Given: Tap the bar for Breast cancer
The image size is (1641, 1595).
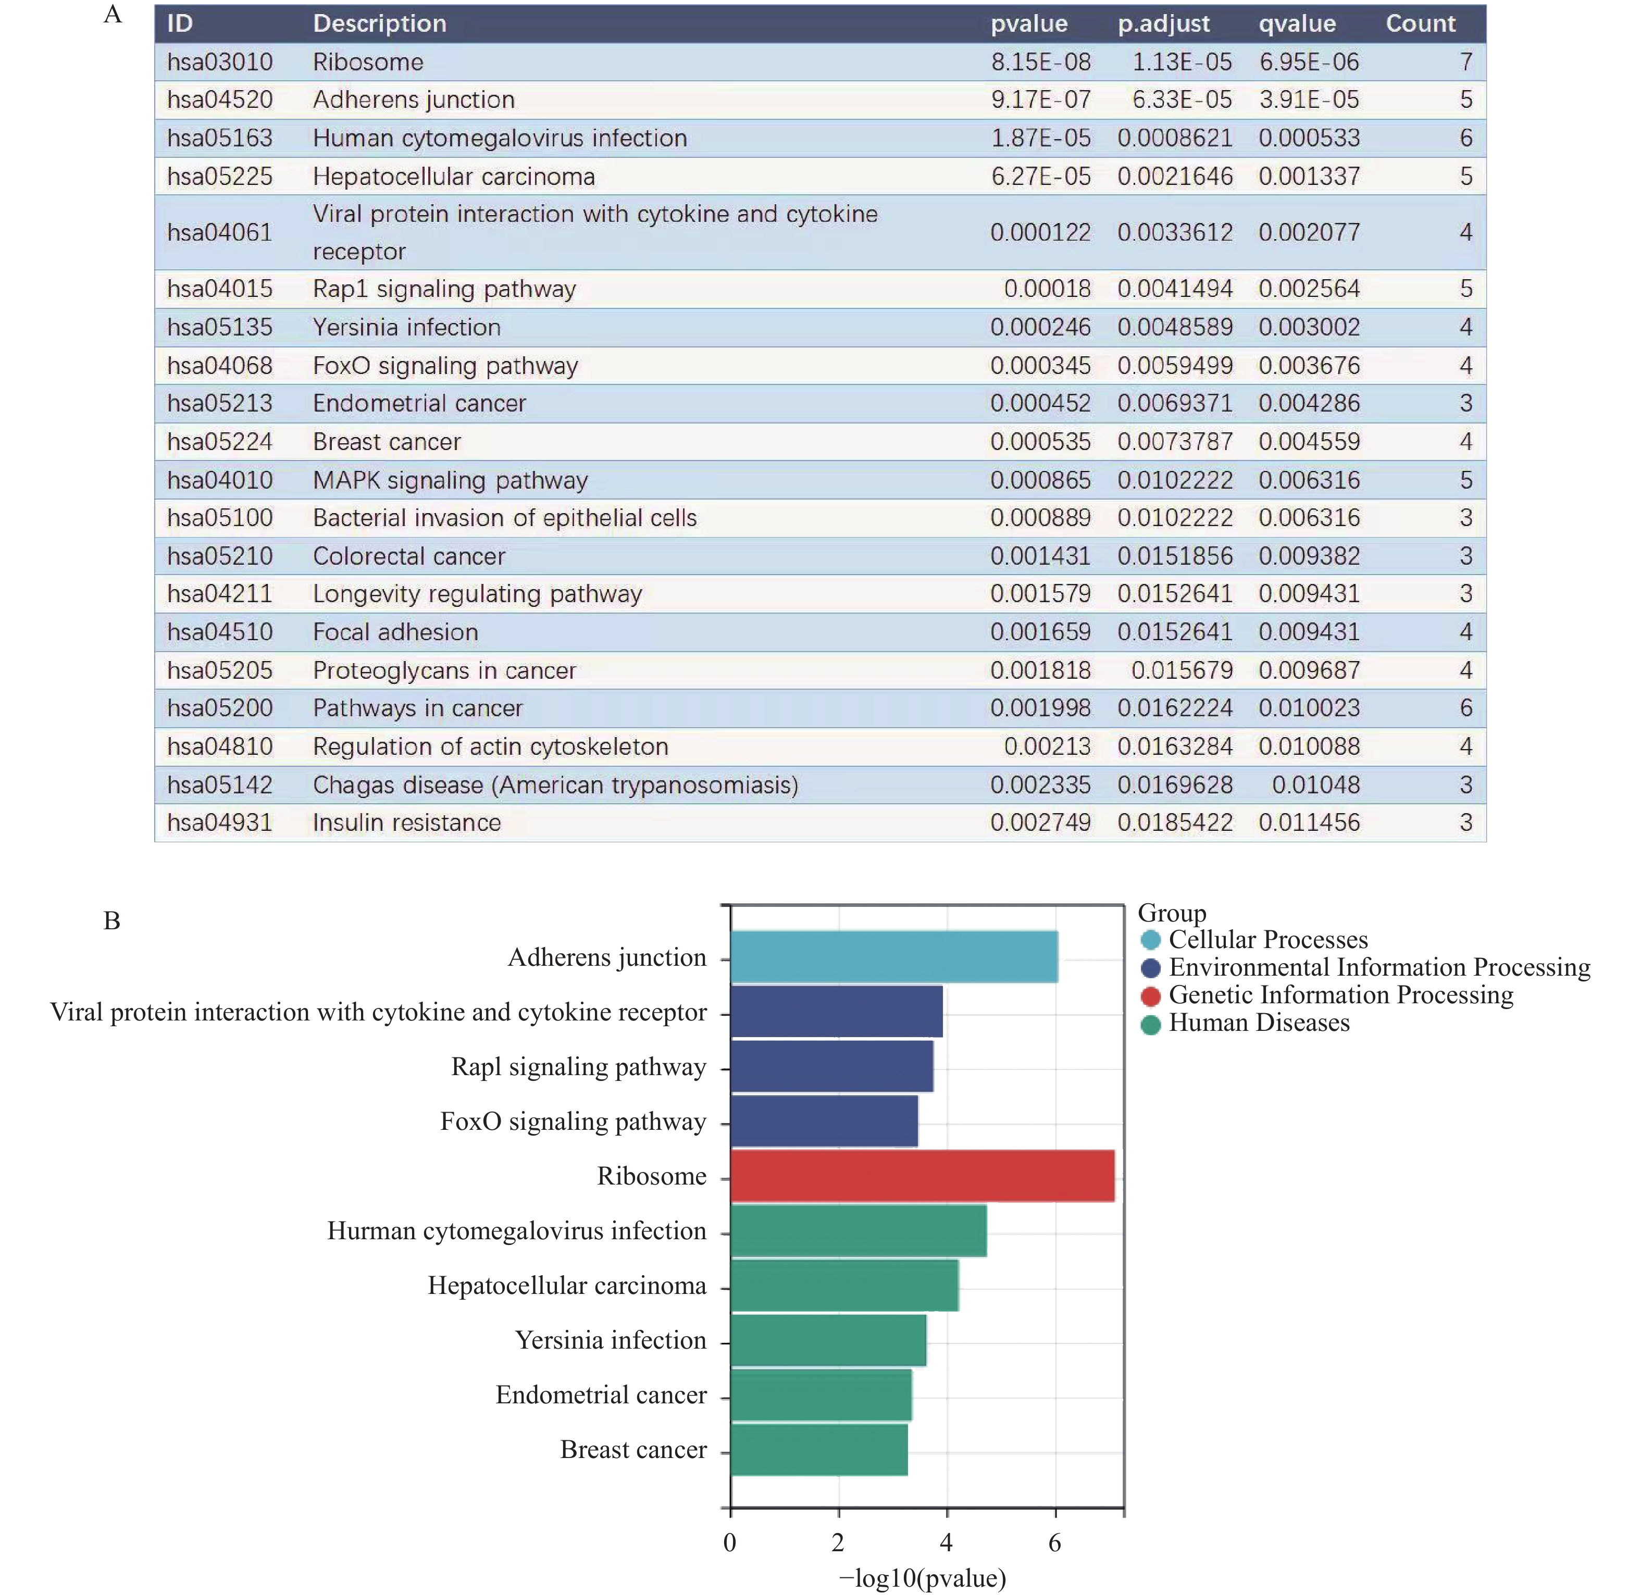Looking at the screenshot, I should (818, 1450).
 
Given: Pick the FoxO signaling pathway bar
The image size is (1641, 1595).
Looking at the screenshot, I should (824, 1122).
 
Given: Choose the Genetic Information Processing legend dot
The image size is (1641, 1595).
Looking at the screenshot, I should (1150, 996).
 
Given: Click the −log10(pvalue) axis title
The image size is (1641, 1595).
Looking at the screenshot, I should (922, 1578).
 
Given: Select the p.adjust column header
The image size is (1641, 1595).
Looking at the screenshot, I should (1163, 23).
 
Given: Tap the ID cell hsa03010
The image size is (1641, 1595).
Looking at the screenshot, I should (219, 62).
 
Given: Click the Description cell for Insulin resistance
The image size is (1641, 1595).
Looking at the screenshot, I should (406, 823).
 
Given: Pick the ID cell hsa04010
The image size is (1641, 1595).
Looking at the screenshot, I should (219, 480).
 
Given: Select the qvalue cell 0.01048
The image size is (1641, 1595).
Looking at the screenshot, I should (1315, 785).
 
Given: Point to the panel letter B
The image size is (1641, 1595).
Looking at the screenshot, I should (111, 920).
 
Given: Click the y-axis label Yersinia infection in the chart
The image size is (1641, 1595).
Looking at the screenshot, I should (610, 1340).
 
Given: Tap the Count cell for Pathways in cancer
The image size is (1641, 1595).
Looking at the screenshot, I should (1465, 708).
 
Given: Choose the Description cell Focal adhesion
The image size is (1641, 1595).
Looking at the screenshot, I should (395, 632).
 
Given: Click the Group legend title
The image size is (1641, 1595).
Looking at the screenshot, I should (1171, 912).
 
